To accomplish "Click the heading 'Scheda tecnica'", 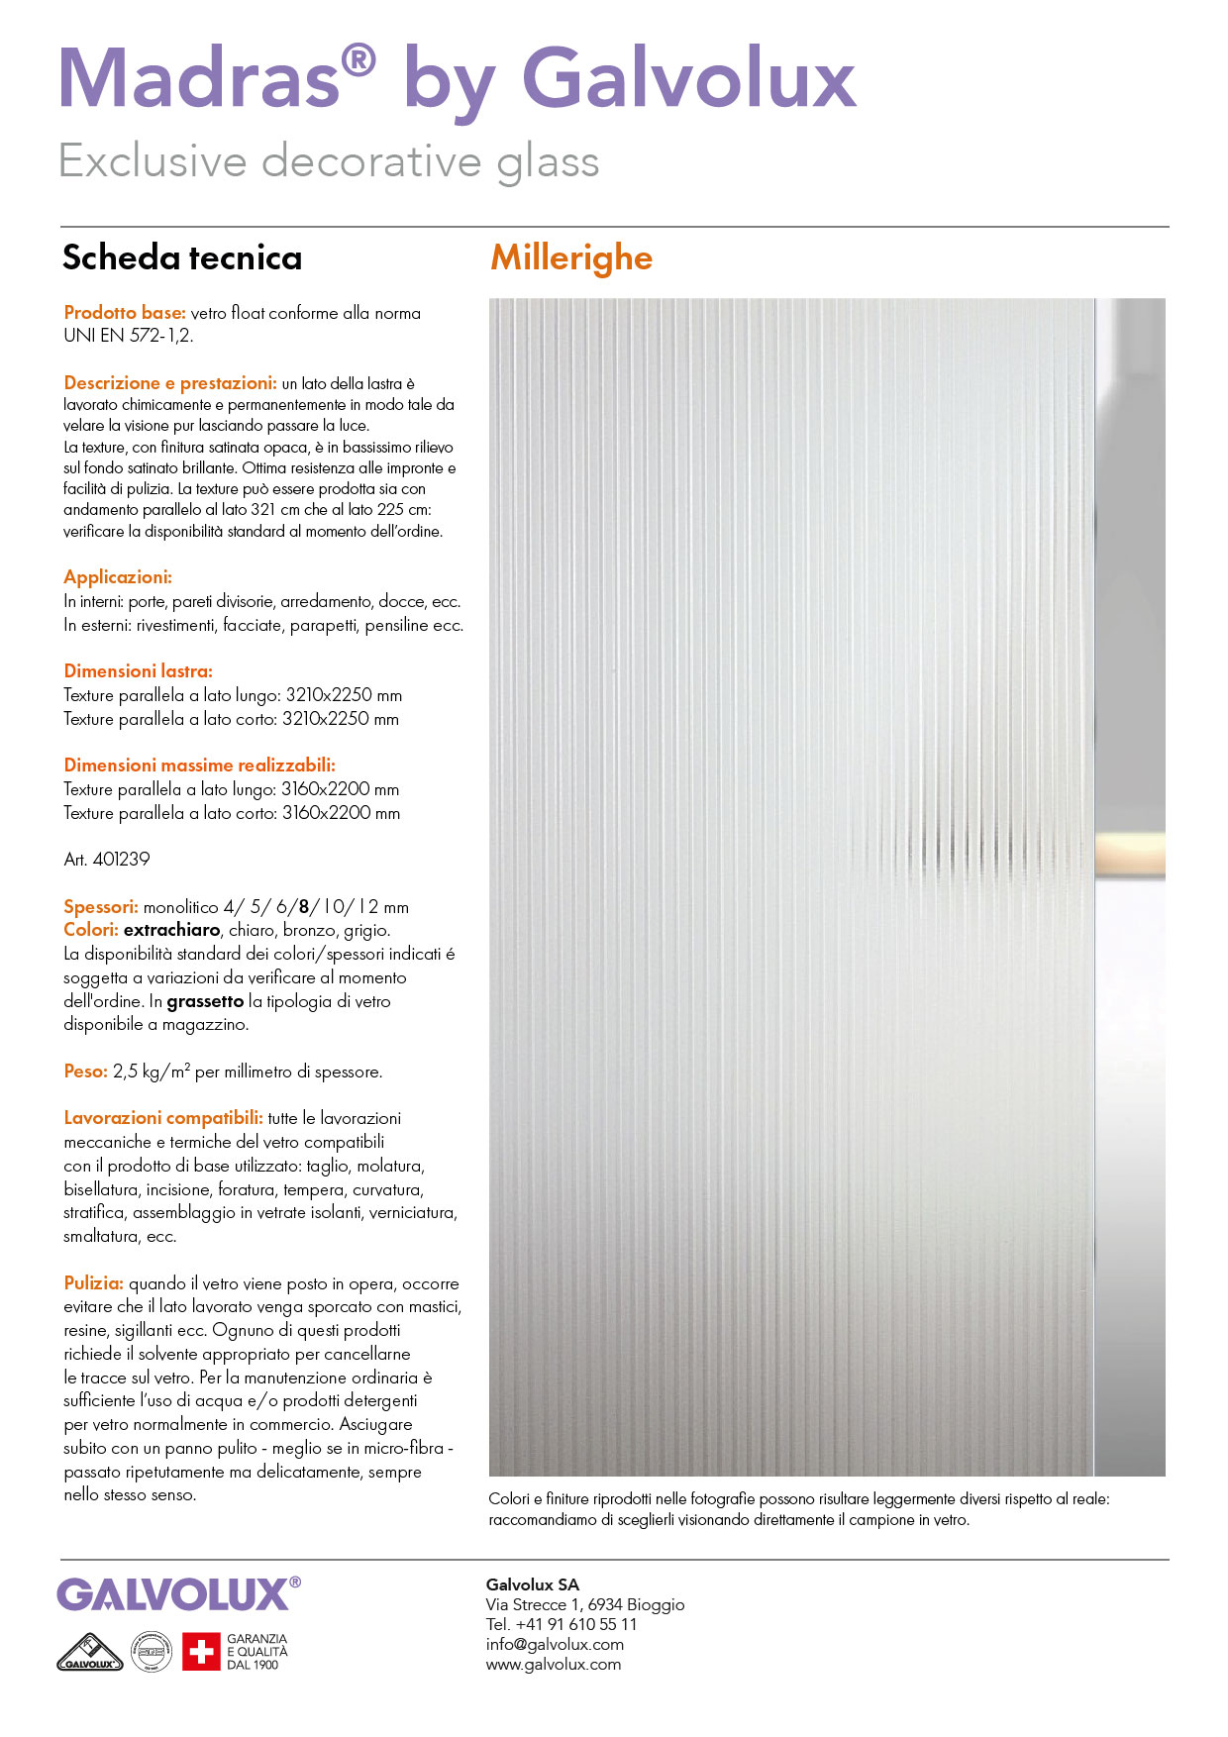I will click(182, 258).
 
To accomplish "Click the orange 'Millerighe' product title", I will click(571, 258).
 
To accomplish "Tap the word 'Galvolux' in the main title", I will click(688, 79).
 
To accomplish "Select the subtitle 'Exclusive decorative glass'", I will click(329, 161).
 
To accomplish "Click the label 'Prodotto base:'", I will click(125, 313).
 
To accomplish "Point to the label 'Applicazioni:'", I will click(118, 577).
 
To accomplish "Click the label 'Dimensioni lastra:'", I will click(138, 671).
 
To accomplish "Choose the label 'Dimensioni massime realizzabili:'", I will click(199, 766).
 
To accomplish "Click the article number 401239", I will click(121, 860).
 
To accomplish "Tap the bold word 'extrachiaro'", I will click(171, 931).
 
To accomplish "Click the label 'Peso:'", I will click(85, 1072).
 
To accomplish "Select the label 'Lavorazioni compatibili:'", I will click(163, 1118).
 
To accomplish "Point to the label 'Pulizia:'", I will click(93, 1283).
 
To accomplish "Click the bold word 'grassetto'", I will click(205, 1001).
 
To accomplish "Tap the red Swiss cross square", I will click(200, 1652).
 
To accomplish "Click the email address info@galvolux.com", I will click(555, 1645).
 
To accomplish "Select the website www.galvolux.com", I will click(554, 1665).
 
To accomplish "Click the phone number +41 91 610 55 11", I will click(576, 1625).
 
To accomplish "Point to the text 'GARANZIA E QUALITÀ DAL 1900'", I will click(256, 1652).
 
